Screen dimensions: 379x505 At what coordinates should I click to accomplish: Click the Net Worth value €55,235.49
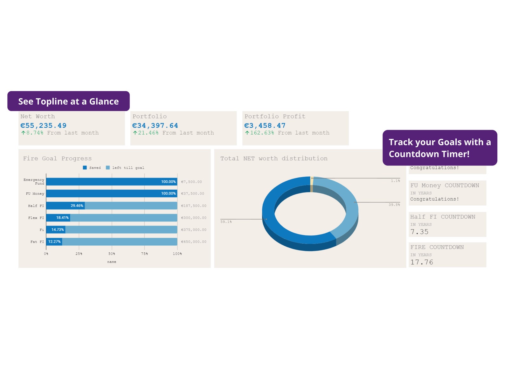(44, 126)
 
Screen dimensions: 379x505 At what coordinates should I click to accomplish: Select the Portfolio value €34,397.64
(155, 126)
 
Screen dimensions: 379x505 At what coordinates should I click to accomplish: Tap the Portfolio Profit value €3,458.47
(265, 126)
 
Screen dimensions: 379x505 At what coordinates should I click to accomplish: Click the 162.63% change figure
(262, 133)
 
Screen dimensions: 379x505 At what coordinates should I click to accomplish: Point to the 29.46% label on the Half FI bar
(77, 206)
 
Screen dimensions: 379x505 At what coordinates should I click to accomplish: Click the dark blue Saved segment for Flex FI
(58, 218)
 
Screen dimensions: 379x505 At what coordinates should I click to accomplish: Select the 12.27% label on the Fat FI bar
(54, 242)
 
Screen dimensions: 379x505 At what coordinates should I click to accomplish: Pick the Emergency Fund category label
(34, 182)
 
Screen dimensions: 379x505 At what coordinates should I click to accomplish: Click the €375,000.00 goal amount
(194, 230)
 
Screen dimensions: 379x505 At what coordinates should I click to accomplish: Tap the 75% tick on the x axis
(144, 254)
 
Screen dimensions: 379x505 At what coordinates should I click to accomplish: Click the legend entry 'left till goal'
(128, 168)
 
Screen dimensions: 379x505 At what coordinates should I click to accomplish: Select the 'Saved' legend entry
(95, 168)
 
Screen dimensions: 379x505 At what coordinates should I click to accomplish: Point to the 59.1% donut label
(226, 222)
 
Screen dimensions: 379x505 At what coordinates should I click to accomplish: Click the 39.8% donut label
(394, 205)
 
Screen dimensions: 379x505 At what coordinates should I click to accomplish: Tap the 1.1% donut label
(395, 181)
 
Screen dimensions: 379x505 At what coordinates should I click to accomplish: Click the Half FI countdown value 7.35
(419, 232)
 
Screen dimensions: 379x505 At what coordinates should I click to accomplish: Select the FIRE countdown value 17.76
(421, 262)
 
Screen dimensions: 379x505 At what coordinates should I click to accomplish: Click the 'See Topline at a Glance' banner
(68, 102)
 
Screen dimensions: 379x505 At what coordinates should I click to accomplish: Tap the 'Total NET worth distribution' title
(274, 158)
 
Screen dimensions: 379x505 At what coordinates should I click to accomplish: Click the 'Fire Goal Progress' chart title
(57, 158)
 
